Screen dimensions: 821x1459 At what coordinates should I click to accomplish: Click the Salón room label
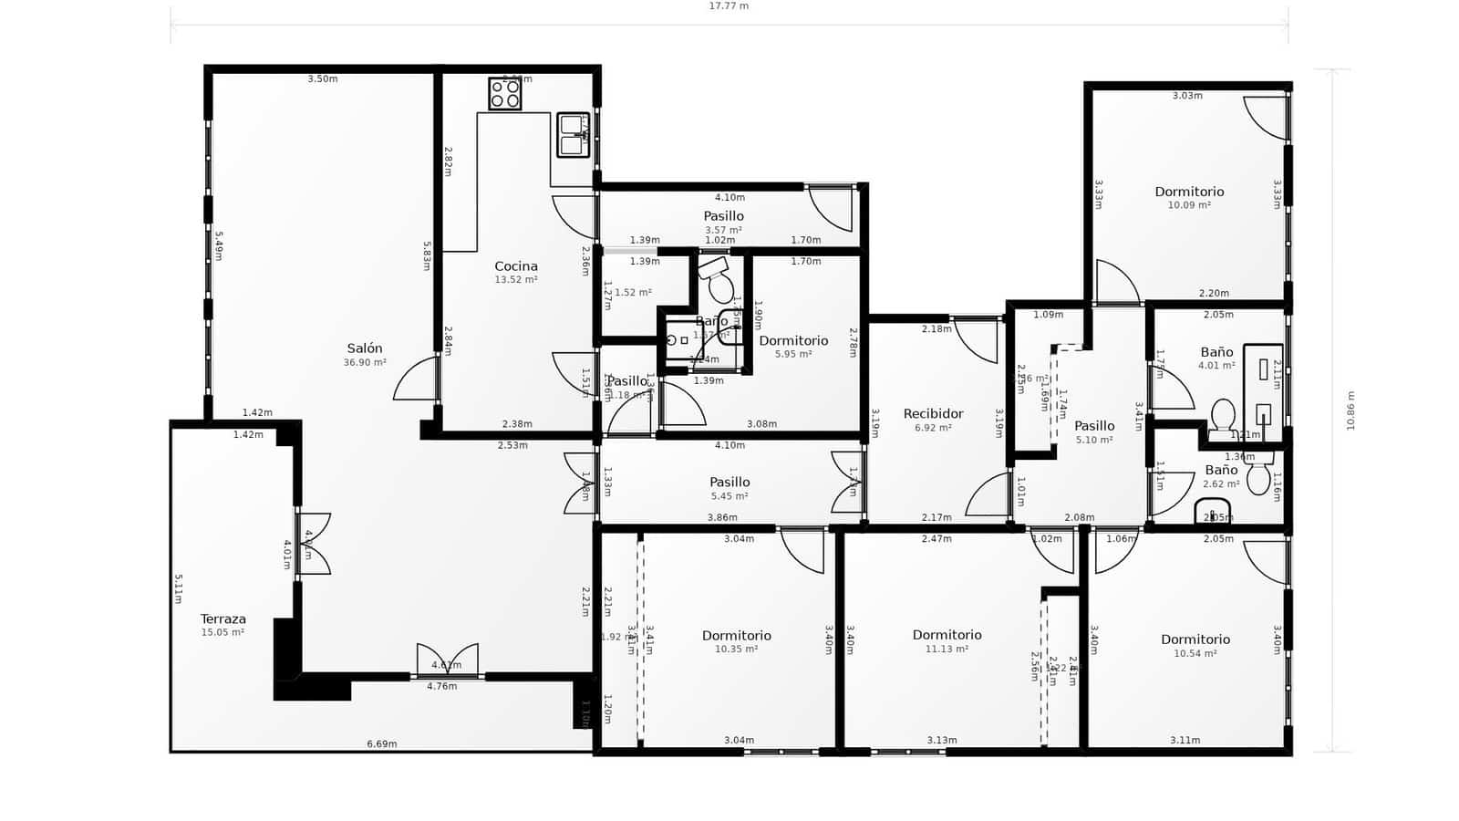click(x=364, y=348)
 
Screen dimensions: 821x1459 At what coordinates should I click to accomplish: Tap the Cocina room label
click(x=516, y=266)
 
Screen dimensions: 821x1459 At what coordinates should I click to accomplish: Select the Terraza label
click(x=223, y=618)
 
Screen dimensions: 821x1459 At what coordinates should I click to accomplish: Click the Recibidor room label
click(x=933, y=414)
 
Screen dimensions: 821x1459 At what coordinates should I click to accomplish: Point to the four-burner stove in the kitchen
click(x=504, y=94)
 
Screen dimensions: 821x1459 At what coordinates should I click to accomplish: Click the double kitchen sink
click(x=574, y=135)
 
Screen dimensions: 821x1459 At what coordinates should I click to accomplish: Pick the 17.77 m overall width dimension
click(x=729, y=6)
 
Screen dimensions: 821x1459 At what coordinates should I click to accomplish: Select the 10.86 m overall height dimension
click(x=1351, y=410)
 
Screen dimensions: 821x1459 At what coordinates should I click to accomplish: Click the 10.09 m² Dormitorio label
click(x=1189, y=192)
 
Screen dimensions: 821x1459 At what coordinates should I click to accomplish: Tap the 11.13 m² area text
click(x=947, y=650)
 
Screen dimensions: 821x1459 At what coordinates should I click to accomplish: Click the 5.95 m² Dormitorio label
click(x=793, y=341)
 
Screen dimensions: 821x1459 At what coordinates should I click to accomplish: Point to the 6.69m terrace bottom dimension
click(x=382, y=744)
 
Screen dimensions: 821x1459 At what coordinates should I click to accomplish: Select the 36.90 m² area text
click(x=364, y=363)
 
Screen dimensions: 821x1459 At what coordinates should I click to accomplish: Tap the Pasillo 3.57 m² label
click(x=723, y=217)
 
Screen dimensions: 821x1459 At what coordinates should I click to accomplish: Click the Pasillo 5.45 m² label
click(x=729, y=483)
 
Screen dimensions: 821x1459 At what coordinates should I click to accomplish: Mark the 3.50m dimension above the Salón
click(x=322, y=79)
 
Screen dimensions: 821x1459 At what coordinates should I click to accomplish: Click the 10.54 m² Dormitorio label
click(x=1195, y=639)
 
